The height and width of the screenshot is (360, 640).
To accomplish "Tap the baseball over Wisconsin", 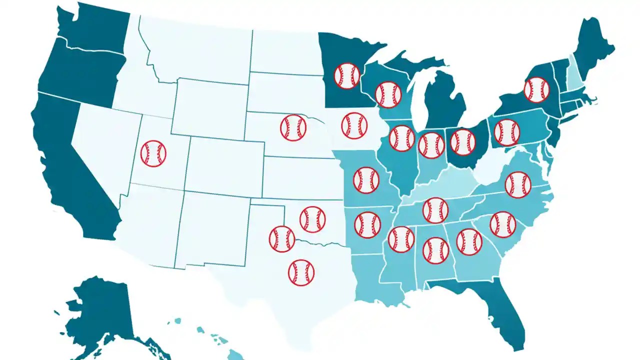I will [x=388, y=94].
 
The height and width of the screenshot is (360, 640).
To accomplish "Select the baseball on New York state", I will [x=536, y=90].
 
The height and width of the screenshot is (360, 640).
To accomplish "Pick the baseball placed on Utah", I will [x=153, y=153].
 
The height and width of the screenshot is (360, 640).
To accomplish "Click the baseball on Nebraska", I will [x=293, y=127].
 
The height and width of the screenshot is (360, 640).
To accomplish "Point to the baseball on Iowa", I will [x=354, y=125].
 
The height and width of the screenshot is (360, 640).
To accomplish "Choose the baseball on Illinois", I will [x=402, y=138].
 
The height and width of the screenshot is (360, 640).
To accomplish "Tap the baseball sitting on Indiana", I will [x=431, y=145].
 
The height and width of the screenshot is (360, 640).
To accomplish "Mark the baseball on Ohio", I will [x=463, y=141].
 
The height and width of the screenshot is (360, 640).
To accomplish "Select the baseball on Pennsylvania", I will [x=506, y=132].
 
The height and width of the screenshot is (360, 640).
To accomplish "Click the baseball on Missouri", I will [x=366, y=180].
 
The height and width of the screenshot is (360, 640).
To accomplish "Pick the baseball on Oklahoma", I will [x=313, y=219].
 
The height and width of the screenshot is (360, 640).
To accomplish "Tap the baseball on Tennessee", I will [x=435, y=210].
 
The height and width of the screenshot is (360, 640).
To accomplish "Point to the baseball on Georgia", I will [x=469, y=242].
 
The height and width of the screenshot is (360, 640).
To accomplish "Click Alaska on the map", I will [x=100, y=310].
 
